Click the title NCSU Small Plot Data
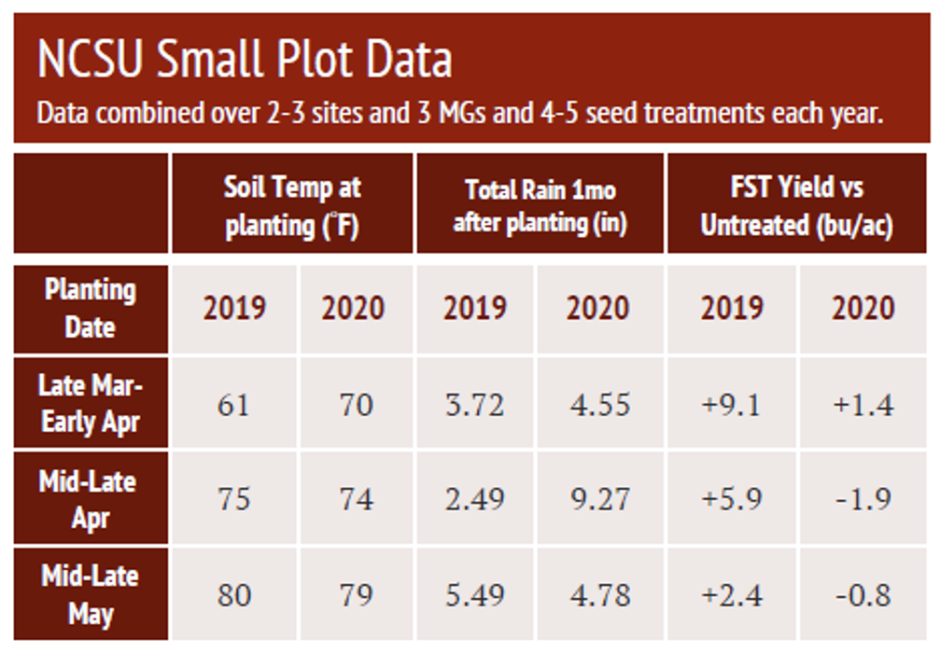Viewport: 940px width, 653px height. click(x=245, y=59)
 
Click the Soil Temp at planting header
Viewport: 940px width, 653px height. click(x=291, y=205)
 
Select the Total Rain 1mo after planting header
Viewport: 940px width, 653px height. click(x=540, y=205)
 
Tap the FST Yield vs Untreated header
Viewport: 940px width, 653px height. click(x=796, y=205)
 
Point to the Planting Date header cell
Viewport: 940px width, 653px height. click(x=91, y=308)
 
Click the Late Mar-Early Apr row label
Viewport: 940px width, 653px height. click(x=91, y=403)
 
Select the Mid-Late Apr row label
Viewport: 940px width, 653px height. click(x=91, y=499)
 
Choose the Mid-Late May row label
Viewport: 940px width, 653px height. click(x=91, y=594)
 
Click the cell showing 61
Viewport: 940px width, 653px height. click(x=233, y=404)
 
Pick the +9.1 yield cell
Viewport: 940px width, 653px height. click(x=731, y=404)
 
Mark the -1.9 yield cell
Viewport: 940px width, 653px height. click(x=863, y=499)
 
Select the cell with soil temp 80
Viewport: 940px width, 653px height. click(x=233, y=594)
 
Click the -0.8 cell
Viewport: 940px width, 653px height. click(x=863, y=594)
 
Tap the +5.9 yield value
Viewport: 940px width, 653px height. click(x=731, y=499)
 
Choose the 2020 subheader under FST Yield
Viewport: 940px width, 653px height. click(x=863, y=308)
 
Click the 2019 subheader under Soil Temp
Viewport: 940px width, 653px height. click(x=233, y=308)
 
